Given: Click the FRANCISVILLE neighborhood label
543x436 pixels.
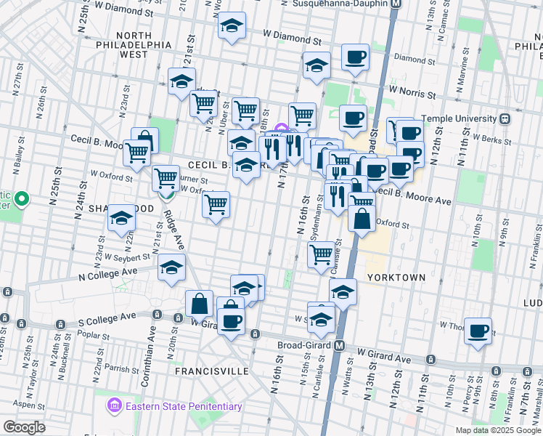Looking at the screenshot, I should tap(212, 371).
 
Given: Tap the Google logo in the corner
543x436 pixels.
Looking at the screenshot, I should tap(24, 427).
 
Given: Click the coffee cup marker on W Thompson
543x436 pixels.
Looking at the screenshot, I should tap(478, 331).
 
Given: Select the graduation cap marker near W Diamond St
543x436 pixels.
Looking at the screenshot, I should tap(232, 27).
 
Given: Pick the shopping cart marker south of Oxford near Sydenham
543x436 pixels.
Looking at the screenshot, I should tap(321, 254).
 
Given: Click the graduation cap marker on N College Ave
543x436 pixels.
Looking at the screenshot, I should tap(171, 268).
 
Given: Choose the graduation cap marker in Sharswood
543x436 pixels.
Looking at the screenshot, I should tap(121, 218).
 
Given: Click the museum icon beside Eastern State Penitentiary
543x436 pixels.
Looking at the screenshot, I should tap(113, 405).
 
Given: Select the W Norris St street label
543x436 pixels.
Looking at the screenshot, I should tap(412, 92).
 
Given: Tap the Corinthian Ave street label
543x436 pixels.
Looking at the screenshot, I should tap(153, 342).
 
